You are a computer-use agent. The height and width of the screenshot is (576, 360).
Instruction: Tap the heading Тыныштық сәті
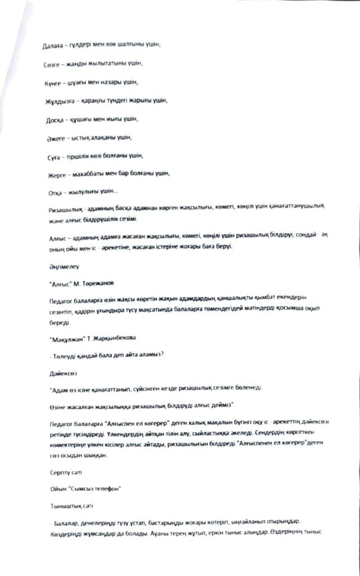pyautogui.click(x=67, y=506)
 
